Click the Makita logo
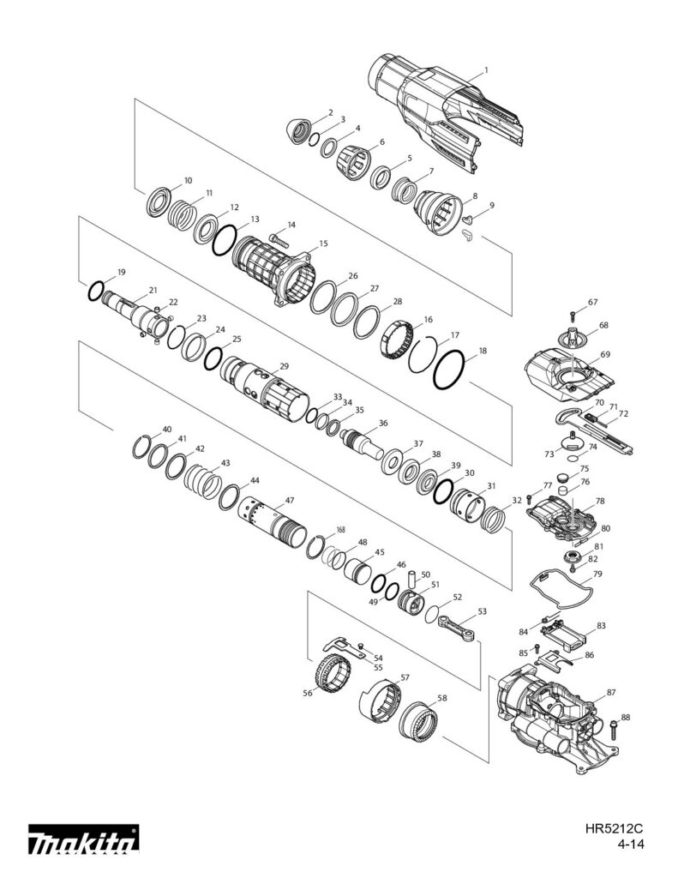pyautogui.click(x=83, y=844)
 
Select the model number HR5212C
pyautogui.click(x=615, y=829)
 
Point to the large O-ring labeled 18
pyautogui.click(x=451, y=370)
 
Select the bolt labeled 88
pyautogui.click(x=615, y=728)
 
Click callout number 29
pyautogui.click(x=284, y=366)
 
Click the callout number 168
pyautogui.click(x=340, y=529)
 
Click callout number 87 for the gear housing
pyautogui.click(x=610, y=691)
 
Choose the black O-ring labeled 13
pyautogui.click(x=225, y=238)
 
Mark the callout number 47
pyautogui.click(x=290, y=500)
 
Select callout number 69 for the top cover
pyautogui.click(x=604, y=354)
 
